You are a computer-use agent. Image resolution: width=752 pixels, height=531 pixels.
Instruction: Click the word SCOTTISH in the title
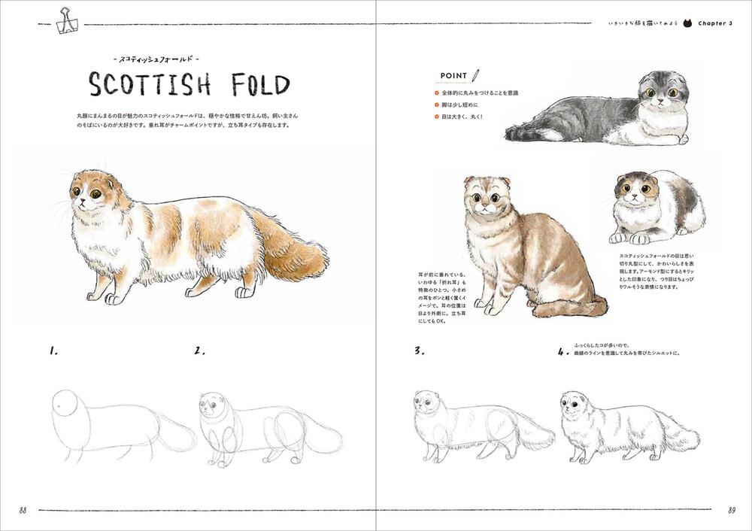click(x=150, y=85)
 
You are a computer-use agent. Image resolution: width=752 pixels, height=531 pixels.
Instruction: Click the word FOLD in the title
click(x=254, y=85)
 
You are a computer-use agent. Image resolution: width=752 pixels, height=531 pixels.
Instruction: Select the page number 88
click(x=24, y=510)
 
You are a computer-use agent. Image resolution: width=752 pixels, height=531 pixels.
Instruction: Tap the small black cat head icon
click(x=685, y=23)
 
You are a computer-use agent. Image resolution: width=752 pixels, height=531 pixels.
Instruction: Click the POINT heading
click(x=451, y=76)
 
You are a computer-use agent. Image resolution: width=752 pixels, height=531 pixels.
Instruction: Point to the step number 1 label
click(x=54, y=350)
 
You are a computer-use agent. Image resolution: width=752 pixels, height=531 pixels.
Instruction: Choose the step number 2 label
click(x=199, y=350)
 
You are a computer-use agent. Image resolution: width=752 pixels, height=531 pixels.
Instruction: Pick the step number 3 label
click(x=418, y=350)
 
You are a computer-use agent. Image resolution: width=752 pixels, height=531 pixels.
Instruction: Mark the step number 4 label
click(x=562, y=351)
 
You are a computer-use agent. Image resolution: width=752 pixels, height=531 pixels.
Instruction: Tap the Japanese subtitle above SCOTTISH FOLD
click(x=154, y=59)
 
